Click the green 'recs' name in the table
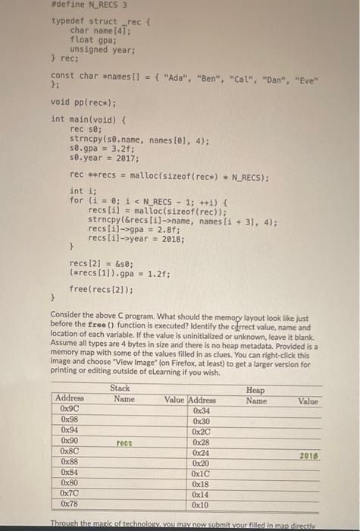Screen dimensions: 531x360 [124, 441]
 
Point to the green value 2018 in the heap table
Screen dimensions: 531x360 [308, 456]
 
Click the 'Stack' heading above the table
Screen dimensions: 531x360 [120, 388]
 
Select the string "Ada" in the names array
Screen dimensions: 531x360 [172, 77]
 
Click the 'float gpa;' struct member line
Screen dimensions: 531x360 [93, 39]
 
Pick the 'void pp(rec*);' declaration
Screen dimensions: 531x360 [83, 102]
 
